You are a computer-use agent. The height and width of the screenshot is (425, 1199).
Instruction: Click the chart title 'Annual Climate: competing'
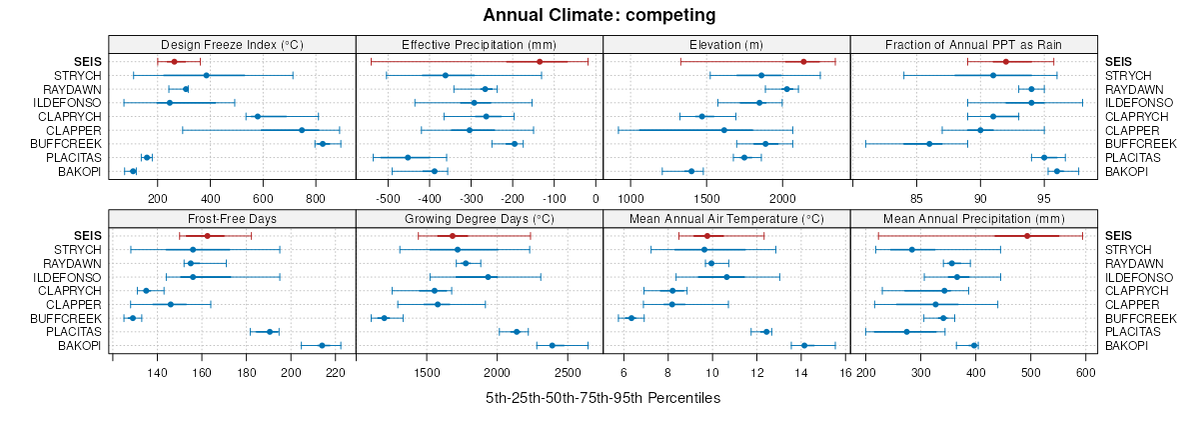pyautogui.click(x=599, y=15)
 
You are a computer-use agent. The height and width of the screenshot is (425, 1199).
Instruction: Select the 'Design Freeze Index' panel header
pyautogui.click(x=232, y=44)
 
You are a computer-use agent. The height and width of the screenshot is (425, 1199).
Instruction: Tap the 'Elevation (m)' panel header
pyautogui.click(x=726, y=44)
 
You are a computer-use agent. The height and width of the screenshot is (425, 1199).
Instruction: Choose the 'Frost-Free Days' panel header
pyautogui.click(x=232, y=217)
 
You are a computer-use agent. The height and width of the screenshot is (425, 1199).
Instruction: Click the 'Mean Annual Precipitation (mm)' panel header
pyautogui.click(x=974, y=217)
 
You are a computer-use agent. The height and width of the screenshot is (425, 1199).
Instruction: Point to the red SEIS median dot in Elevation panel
pyautogui.click(x=803, y=62)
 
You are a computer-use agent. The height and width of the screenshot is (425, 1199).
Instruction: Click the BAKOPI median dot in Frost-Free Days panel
pyautogui.click(x=322, y=345)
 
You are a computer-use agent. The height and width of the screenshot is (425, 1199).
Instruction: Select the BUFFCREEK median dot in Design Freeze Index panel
pyautogui.click(x=322, y=144)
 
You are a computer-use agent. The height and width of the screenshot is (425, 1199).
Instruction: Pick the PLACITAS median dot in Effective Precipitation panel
pyautogui.click(x=408, y=157)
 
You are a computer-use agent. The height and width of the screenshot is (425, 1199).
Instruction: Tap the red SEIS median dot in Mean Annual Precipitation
pyautogui.click(x=1027, y=236)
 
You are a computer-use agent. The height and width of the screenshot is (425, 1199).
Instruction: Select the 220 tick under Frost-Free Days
pyautogui.click(x=336, y=373)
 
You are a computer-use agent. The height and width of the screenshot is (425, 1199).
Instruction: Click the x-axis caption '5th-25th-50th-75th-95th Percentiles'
pyautogui.click(x=602, y=398)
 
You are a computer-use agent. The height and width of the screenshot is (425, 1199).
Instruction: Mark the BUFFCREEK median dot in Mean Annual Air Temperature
pyautogui.click(x=630, y=318)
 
